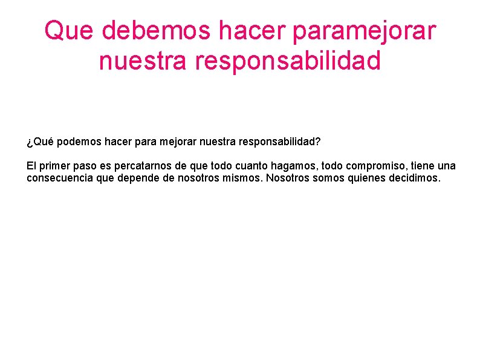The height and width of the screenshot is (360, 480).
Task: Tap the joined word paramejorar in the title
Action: pyautogui.click(x=363, y=31)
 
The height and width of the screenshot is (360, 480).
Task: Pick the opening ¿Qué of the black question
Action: pyautogui.click(x=40, y=142)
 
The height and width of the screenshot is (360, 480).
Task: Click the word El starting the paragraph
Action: pyautogui.click(x=31, y=166)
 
